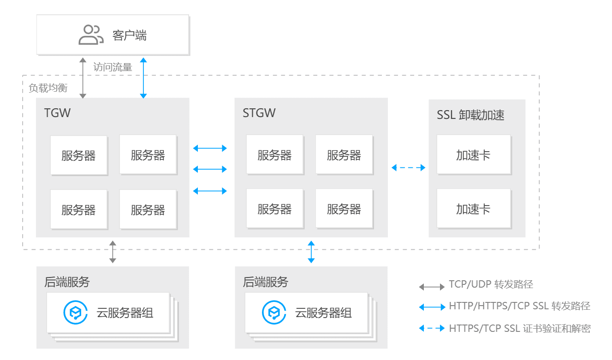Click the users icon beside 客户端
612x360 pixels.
pos(90,35)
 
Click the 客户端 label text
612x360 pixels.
pos(130,35)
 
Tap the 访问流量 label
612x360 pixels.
pos(113,67)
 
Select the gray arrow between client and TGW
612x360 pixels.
pos(83,78)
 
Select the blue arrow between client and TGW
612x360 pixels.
pos(143,78)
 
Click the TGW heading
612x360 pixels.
pos(57,113)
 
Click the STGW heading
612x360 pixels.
pos(259,113)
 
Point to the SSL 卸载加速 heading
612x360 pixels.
pos(470,115)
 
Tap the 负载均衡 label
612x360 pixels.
pos(48,88)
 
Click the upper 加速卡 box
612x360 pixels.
pos(473,155)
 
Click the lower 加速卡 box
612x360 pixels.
pos(473,209)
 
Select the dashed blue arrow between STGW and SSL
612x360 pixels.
pos(408,168)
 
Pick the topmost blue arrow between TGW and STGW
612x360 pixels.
pos(210,148)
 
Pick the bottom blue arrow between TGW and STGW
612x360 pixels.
pos(210,190)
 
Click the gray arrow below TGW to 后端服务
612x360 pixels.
pos(113,252)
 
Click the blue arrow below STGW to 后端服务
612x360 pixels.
pos(311,252)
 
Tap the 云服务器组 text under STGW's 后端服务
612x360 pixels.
pos(323,313)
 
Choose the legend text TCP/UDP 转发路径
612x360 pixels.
pos(491,284)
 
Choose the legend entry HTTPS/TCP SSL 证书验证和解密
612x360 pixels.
pos(519,329)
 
